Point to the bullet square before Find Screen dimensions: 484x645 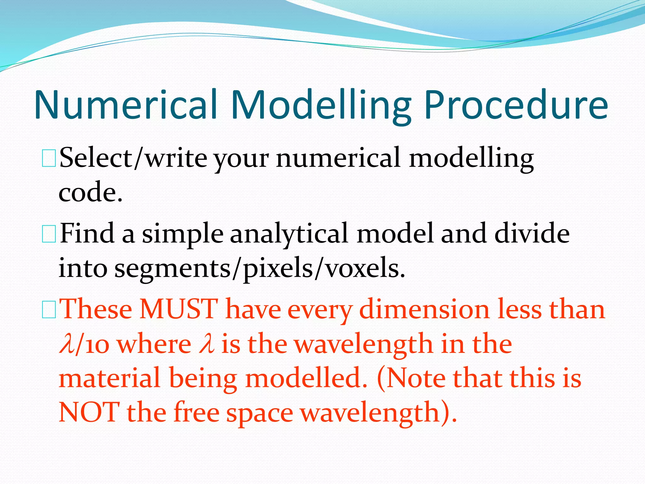coord(49,234)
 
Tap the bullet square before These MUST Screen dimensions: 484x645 coord(49,310)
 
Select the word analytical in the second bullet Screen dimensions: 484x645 coord(289,235)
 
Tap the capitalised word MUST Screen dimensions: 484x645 coord(179,309)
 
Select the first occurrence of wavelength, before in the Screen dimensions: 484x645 coord(363,344)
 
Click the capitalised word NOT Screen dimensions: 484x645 coord(89,412)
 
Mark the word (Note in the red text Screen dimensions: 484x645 coord(410,378)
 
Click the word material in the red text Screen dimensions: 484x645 coord(110,378)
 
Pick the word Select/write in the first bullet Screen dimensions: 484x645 coord(133,158)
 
